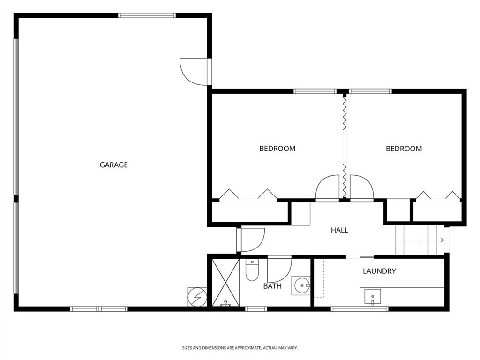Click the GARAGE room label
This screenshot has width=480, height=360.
point(113,165)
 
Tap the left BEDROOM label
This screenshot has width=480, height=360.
point(277,149)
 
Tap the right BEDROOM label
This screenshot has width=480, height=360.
point(404,149)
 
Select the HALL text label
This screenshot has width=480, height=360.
point(339,230)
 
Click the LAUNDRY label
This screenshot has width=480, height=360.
point(379,271)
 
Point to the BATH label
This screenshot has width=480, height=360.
point(272,286)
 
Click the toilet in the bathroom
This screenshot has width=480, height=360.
point(252,270)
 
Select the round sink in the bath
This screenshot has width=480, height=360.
point(302,285)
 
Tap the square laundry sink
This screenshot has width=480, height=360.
point(373,296)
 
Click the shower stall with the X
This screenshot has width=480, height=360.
point(225,282)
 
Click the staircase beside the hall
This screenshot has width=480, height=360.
point(419,240)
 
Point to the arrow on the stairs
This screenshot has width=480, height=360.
point(441,240)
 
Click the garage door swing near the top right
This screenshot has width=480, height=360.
point(194,71)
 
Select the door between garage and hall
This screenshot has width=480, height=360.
point(251,239)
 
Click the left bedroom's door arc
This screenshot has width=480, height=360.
point(328,188)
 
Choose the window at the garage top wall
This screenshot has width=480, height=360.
point(147,15)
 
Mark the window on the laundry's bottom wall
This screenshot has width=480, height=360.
point(360,308)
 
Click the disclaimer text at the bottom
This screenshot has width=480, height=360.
point(240,348)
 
